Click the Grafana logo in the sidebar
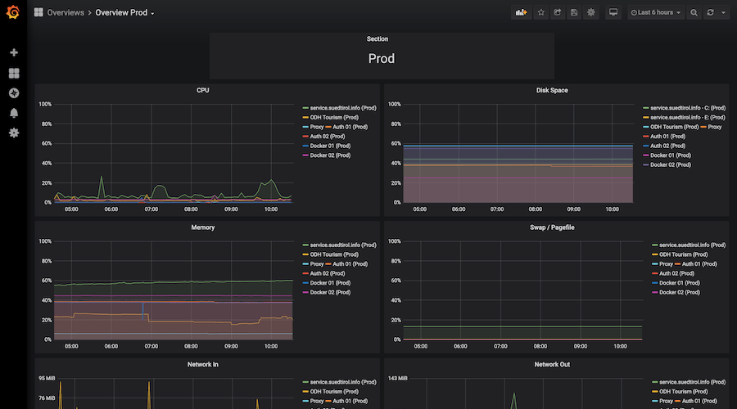tap(13, 12)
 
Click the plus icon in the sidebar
tap(14, 52)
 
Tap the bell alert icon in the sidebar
tap(14, 113)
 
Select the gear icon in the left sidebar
tap(14, 133)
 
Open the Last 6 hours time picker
tap(655, 12)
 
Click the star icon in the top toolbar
tap(540, 12)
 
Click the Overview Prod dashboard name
tap(123, 13)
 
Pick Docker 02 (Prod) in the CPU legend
tap(332, 155)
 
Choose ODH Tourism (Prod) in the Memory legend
tap(332, 254)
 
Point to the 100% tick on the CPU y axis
tap(45, 105)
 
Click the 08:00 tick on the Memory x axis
tap(191, 346)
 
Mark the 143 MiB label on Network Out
tap(398, 379)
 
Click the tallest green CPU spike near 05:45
tap(102, 177)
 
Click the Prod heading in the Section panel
tap(381, 59)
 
